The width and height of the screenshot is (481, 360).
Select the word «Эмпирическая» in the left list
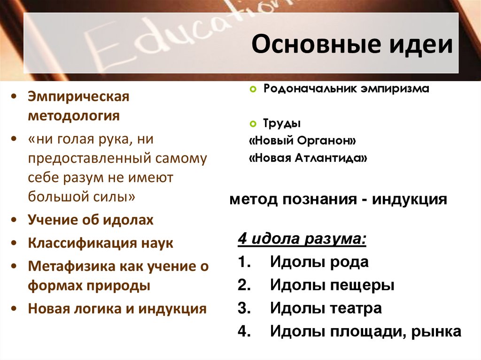coord(78,97)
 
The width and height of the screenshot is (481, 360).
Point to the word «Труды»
coord(282,124)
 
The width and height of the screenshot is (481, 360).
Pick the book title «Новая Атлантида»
coord(308,158)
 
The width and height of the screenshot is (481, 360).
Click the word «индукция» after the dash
coord(410,199)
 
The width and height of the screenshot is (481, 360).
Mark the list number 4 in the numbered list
coord(243,331)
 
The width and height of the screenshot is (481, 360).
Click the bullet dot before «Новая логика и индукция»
coord(16,309)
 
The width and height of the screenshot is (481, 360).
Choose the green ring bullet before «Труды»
coord(253,124)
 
